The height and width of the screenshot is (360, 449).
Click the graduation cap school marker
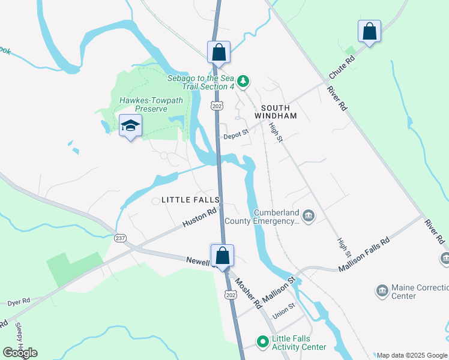(130, 125)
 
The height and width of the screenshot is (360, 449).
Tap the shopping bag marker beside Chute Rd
(369, 31)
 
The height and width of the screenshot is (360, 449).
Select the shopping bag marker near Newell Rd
(222, 255)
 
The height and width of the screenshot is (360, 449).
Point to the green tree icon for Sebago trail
(243, 80)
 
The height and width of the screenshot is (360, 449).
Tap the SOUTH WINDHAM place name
(276, 110)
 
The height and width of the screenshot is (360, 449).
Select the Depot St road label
(235, 136)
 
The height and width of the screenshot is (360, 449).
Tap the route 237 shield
(121, 238)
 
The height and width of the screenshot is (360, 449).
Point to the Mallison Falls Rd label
(364, 255)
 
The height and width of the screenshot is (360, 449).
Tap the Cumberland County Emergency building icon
(309, 215)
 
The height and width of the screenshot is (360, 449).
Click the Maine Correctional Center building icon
(382, 292)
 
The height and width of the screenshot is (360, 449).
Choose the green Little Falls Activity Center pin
(262, 342)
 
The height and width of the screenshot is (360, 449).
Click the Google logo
(20, 353)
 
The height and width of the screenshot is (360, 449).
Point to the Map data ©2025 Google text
(412, 355)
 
